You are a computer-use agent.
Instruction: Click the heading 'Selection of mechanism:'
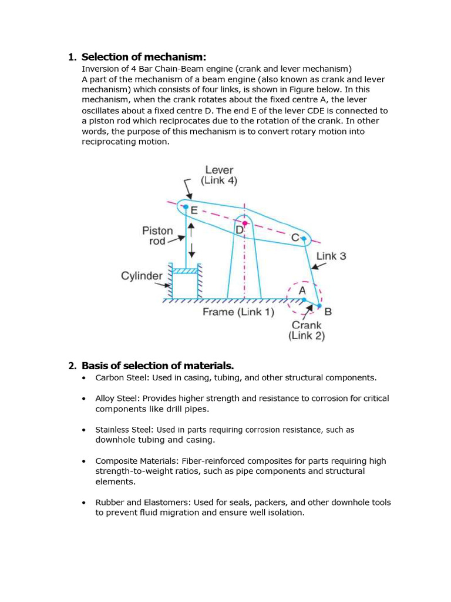click(x=144, y=57)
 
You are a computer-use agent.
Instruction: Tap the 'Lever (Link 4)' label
click(x=219, y=175)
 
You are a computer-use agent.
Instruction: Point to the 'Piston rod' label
click(x=157, y=236)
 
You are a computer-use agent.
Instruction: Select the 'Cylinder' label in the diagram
click(x=142, y=276)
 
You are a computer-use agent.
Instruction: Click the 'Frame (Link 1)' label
click(x=238, y=312)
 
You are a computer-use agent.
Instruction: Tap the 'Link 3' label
click(x=331, y=256)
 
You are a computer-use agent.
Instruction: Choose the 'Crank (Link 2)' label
click(x=307, y=330)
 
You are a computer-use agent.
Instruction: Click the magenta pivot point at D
click(x=245, y=223)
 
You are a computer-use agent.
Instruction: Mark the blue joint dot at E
click(x=186, y=207)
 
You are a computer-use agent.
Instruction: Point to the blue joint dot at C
click(x=304, y=239)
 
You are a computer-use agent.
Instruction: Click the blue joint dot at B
click(x=319, y=306)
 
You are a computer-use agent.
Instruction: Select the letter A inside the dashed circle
click(x=302, y=290)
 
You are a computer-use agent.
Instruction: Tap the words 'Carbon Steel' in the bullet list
click(x=118, y=377)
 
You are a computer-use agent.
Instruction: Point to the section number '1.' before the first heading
click(x=72, y=57)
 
